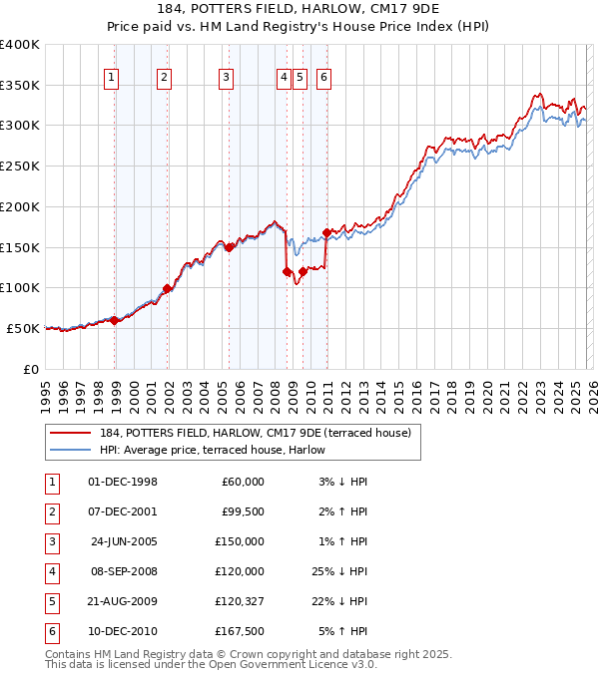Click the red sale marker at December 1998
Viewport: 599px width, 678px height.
pyautogui.click(x=115, y=320)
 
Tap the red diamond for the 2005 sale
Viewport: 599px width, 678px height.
pyautogui.click(x=229, y=247)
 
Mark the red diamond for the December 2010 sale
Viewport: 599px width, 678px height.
pyautogui.click(x=326, y=233)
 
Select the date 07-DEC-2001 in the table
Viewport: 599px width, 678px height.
pyautogui.click(x=123, y=511)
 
